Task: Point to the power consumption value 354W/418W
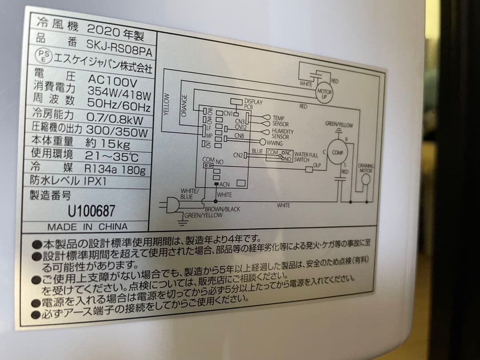tap(119, 93)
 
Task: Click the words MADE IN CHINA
tap(87, 227)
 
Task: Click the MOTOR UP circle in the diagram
tap(324, 92)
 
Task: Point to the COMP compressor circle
tap(337, 152)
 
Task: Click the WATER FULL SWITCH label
tap(307, 157)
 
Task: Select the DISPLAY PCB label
tap(253, 104)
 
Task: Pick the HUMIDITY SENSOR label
tap(283, 134)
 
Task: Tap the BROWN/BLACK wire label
tap(222, 208)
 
